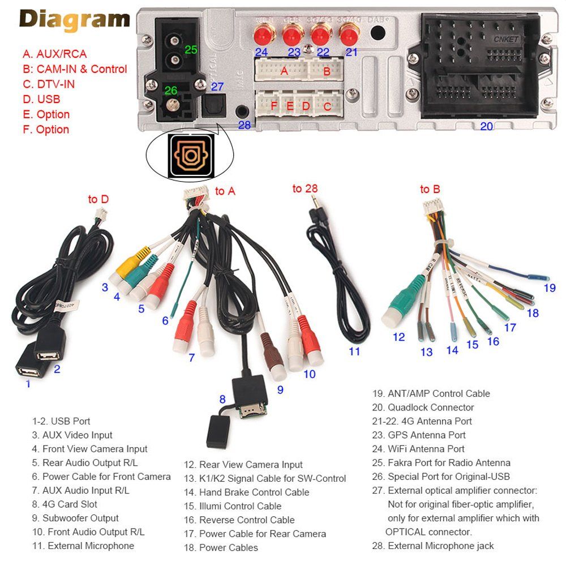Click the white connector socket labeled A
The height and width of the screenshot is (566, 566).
click(281, 70)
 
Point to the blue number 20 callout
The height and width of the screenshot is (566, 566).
click(487, 126)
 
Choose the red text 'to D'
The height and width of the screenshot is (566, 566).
click(98, 199)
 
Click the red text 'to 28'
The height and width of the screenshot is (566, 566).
click(305, 188)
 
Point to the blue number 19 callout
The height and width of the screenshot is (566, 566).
click(550, 288)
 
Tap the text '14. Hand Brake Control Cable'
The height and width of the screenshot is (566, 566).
click(246, 492)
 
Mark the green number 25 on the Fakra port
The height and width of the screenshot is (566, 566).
click(191, 50)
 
